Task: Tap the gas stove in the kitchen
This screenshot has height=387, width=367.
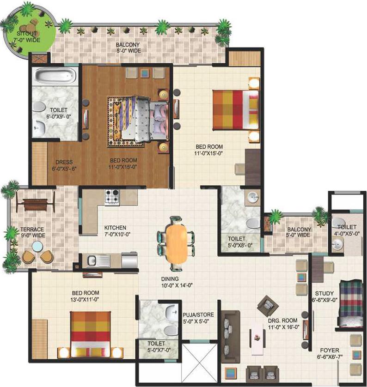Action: tap(112, 197)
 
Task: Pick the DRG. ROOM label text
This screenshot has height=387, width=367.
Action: tap(283, 320)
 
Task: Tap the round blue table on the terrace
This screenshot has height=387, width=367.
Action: tap(37, 246)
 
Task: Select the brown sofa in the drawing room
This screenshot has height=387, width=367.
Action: tap(230, 337)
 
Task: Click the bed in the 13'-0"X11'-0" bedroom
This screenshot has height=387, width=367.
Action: tap(91, 334)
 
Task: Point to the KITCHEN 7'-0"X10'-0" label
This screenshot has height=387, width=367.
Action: tap(117, 231)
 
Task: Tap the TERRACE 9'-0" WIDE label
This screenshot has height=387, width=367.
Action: tap(33, 232)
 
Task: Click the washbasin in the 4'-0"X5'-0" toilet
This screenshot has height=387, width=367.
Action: tap(337, 245)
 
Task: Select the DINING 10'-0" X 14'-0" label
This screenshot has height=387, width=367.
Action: tap(177, 282)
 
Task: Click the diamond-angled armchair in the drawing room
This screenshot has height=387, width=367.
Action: tap(268, 306)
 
